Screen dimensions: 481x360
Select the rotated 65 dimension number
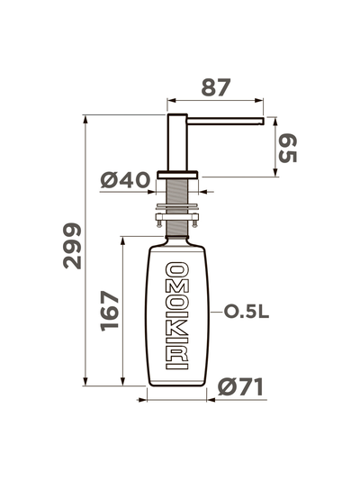(x=287, y=149)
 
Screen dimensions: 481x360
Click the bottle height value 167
(x=108, y=311)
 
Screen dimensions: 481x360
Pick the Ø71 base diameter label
(x=240, y=386)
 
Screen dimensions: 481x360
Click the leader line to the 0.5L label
(x=214, y=312)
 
